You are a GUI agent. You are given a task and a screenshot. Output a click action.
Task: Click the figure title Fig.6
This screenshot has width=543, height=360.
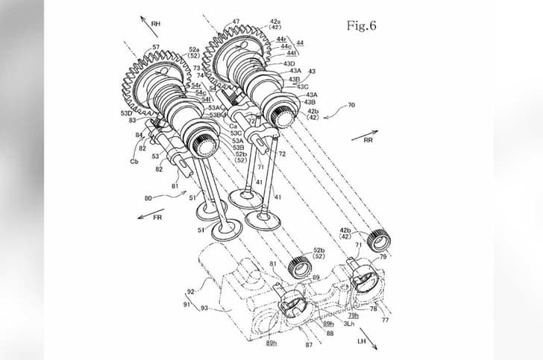coord(362,25)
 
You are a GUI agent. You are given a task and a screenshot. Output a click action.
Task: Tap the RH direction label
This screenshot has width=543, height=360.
coord(156,24)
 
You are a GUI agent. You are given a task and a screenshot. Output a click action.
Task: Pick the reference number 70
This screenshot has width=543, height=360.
coord(351,105)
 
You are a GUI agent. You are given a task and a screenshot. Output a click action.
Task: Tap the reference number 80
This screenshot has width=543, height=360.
coord(148,198)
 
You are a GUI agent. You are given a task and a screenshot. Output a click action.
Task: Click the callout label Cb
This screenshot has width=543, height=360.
coord(134,161)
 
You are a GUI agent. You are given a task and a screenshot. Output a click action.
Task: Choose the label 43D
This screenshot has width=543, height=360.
coord(289,63)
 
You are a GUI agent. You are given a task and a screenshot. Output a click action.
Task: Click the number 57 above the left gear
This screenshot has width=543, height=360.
coord(156,47)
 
